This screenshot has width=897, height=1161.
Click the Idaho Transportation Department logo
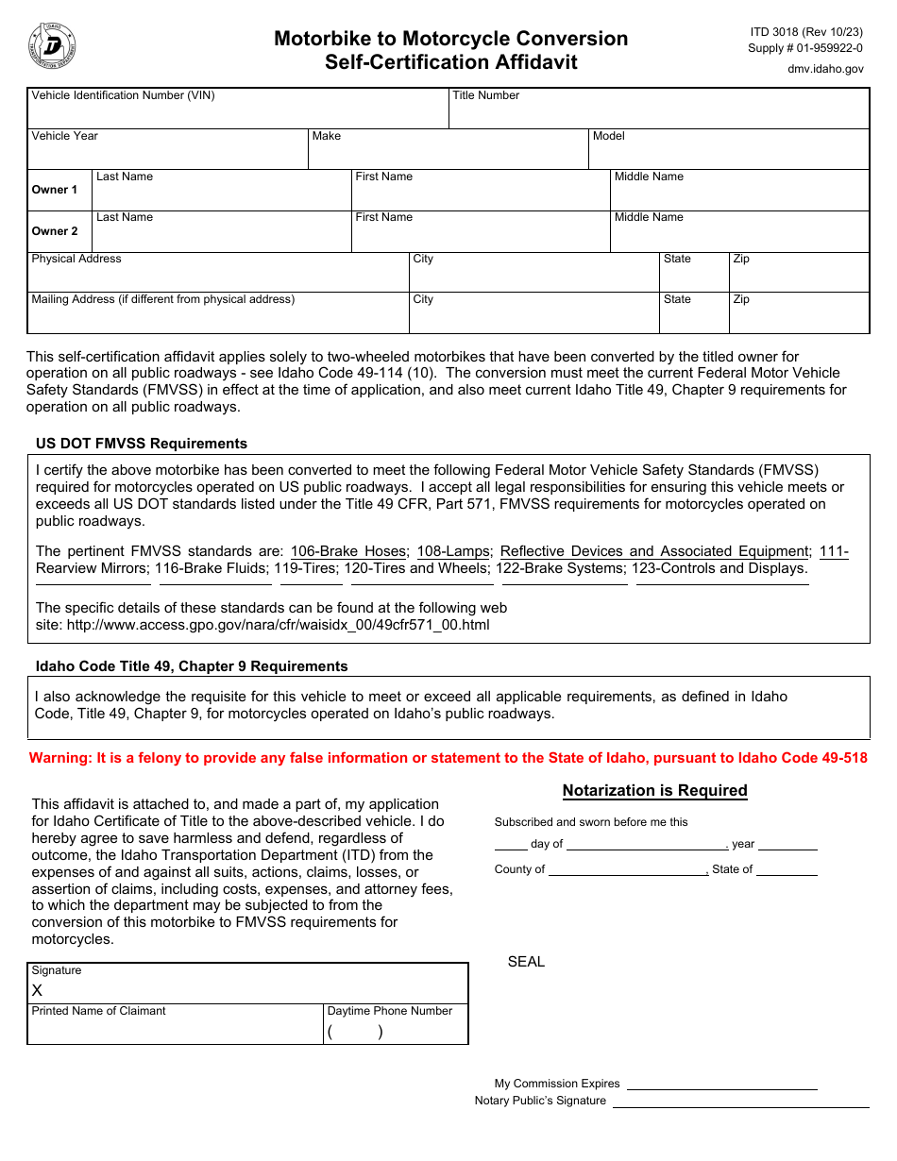point(53,46)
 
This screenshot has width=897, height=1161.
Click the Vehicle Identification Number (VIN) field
point(237,113)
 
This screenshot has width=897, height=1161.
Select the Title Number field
point(658,113)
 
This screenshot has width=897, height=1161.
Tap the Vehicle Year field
point(167,155)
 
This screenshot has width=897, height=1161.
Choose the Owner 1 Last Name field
point(222,196)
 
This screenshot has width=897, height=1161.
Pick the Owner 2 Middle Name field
point(738,237)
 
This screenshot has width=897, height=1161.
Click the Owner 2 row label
point(56,231)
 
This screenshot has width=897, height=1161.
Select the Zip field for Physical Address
point(798,278)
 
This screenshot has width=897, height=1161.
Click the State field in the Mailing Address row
point(693,318)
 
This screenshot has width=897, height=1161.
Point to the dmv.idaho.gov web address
point(825,69)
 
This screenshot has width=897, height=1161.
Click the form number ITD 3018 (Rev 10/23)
point(806,31)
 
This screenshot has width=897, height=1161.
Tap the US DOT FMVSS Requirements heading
point(142,444)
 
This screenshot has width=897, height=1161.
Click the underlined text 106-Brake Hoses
point(348,551)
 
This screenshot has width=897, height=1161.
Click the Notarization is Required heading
point(654,791)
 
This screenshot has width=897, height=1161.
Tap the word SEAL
point(526,962)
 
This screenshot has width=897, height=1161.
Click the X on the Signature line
point(38,990)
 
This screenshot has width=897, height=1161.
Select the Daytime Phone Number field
point(395,1032)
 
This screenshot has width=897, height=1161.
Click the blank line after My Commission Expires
point(721,1084)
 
